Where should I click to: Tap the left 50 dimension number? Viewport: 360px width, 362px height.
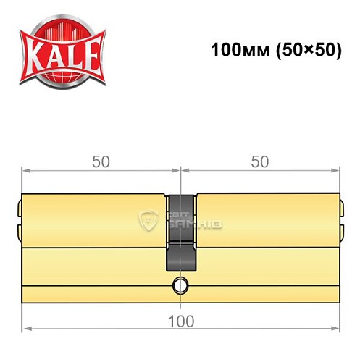(x=101, y=162)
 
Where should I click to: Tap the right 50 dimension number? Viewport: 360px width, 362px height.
(x=259, y=162)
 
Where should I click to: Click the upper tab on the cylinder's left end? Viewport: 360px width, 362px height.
(x=19, y=210)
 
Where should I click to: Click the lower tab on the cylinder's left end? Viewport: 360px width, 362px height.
(x=19, y=233)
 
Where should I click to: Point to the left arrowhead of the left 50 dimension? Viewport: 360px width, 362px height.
(x=26, y=171)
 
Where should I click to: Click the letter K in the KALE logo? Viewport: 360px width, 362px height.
(x=35, y=53)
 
